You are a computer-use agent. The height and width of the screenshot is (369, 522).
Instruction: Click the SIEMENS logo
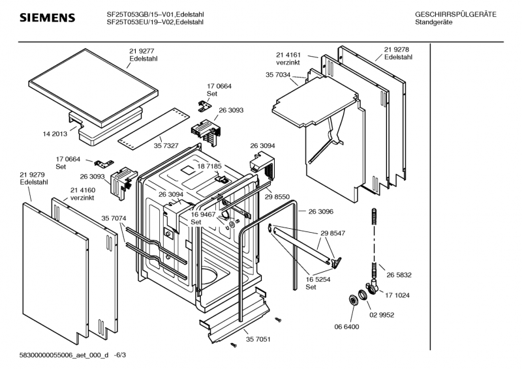(x=48, y=18)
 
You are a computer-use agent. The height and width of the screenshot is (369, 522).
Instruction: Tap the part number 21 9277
(x=142, y=51)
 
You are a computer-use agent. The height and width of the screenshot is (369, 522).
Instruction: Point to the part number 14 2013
(x=55, y=134)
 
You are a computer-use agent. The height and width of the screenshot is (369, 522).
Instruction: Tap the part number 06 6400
(x=346, y=327)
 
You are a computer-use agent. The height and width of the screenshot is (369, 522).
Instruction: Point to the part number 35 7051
(x=258, y=339)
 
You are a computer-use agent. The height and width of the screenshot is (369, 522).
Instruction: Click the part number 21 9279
(x=32, y=174)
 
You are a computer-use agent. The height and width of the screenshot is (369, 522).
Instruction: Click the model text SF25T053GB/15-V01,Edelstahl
(x=156, y=14)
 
